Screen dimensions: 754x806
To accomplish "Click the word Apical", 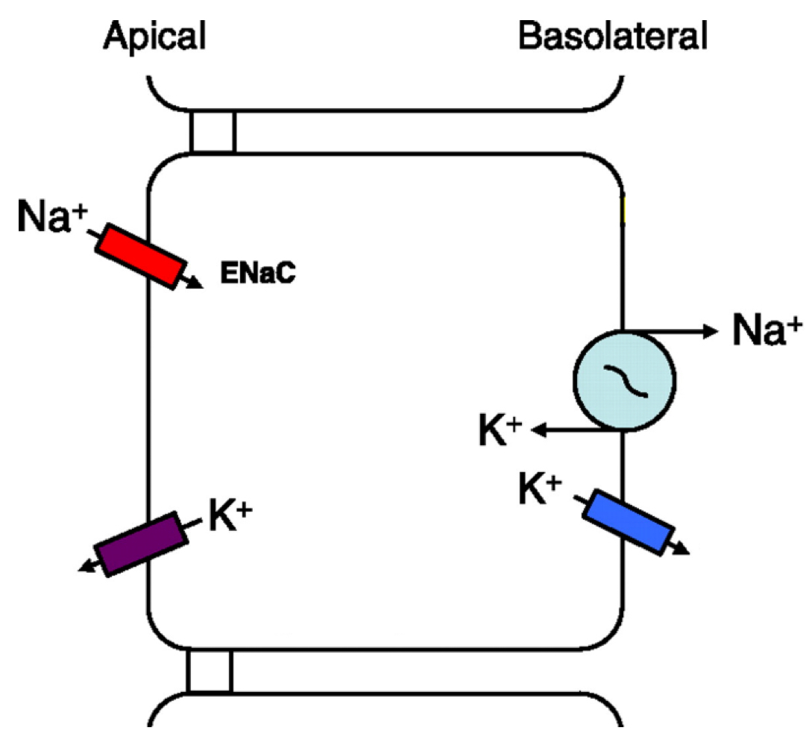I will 154,34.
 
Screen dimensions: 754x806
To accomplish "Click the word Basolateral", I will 612,34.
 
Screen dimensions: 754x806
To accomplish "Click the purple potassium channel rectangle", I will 142,544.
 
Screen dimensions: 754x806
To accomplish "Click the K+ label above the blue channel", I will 538,488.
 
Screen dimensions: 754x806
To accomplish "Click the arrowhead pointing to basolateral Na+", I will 709,330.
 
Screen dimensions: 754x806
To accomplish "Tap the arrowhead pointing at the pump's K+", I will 539,430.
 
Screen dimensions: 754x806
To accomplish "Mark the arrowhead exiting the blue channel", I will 682,550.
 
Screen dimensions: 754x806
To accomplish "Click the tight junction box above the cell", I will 212,132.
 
